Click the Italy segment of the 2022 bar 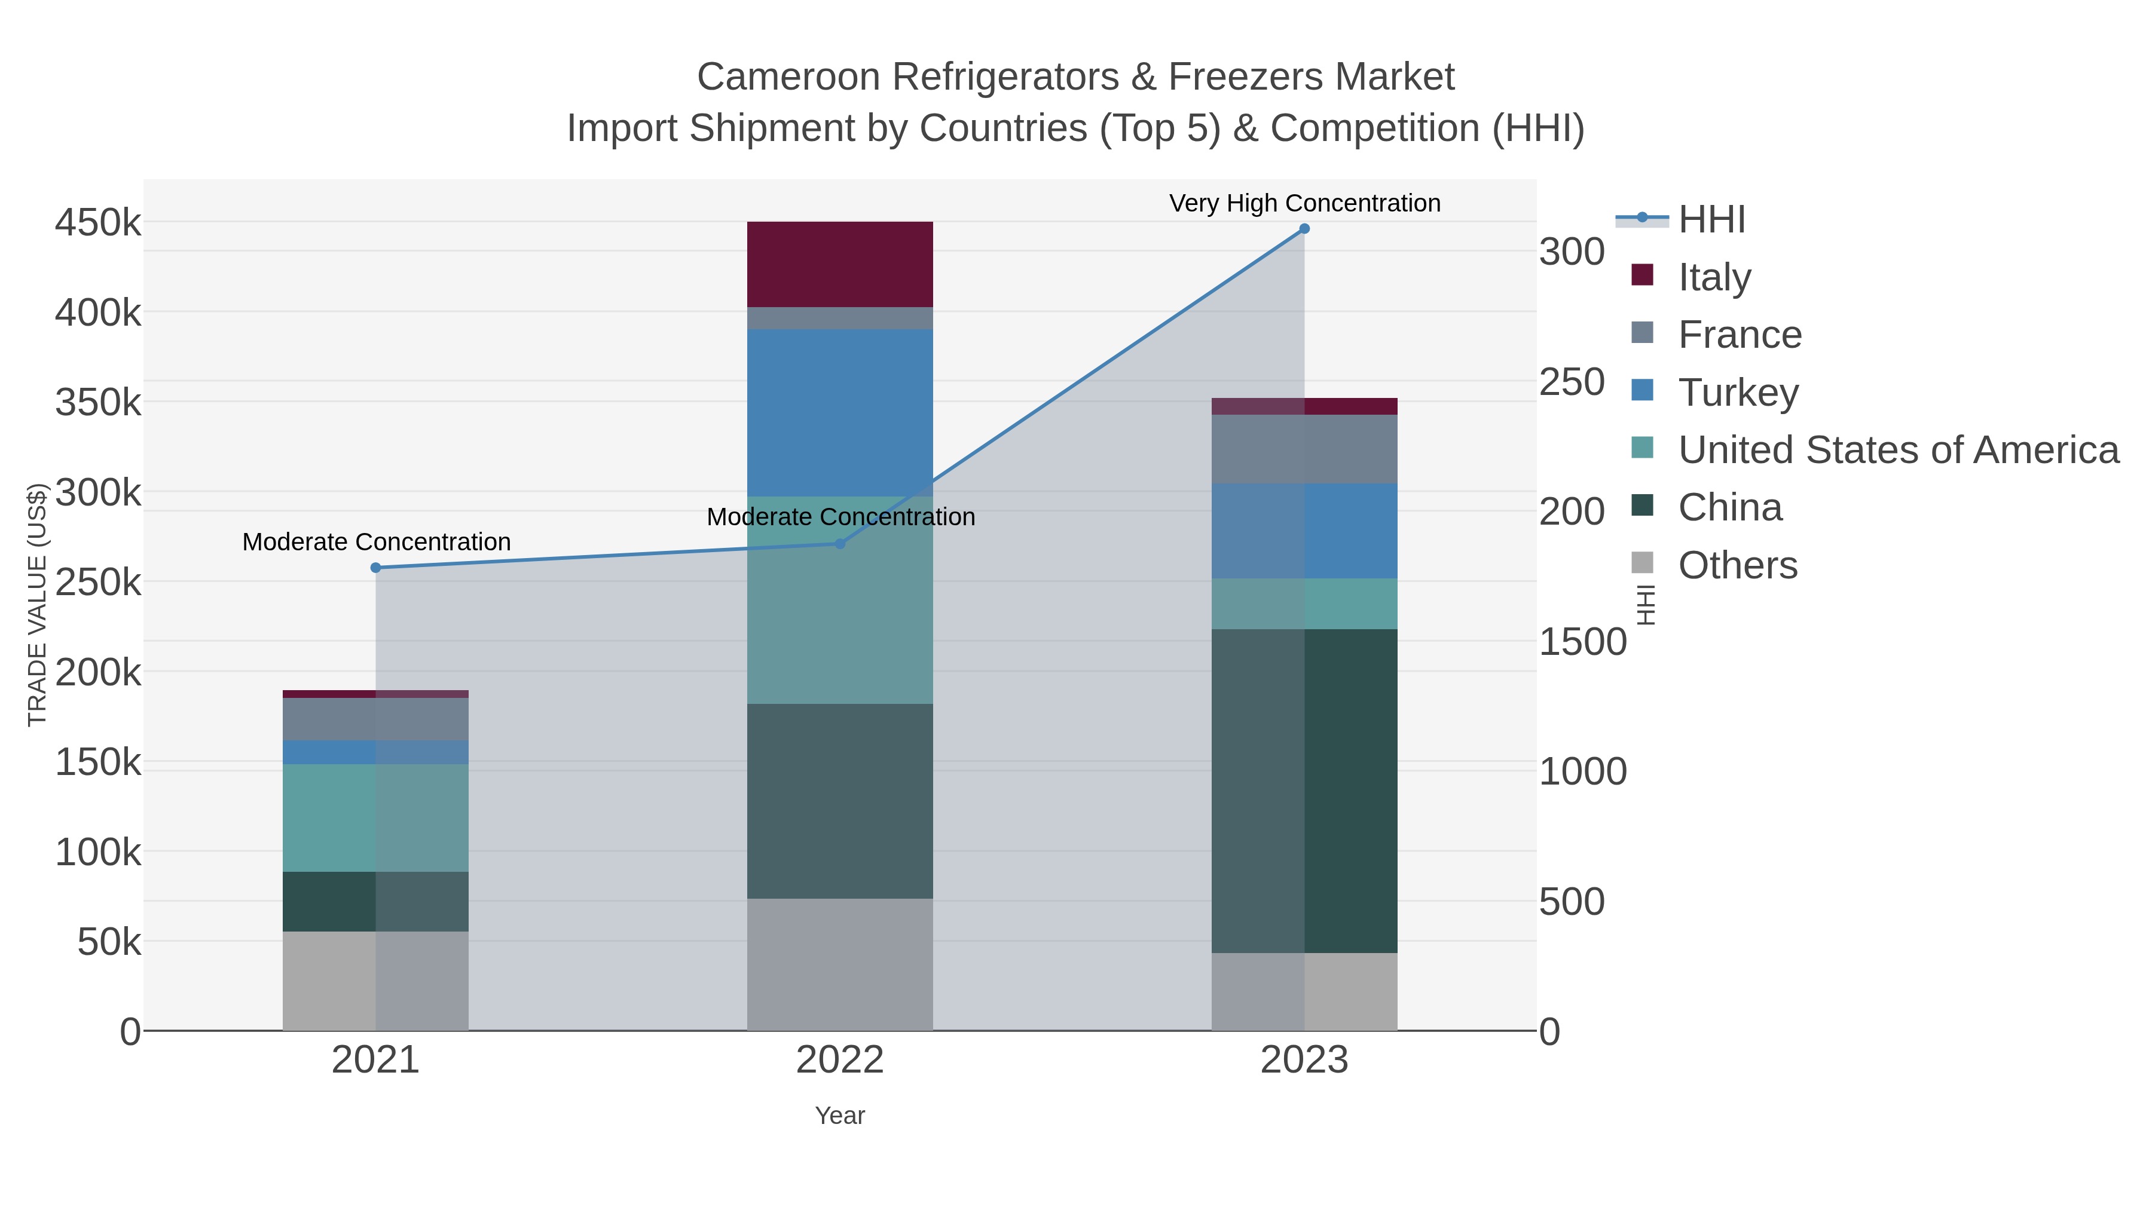pyautogui.click(x=840, y=264)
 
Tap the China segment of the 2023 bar pyautogui.click(x=1304, y=790)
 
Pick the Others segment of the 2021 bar pyautogui.click(x=375, y=981)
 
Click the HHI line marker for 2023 pyautogui.click(x=1304, y=229)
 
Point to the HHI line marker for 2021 pyautogui.click(x=375, y=568)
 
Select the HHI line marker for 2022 pyautogui.click(x=840, y=544)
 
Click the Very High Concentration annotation pyautogui.click(x=1304, y=203)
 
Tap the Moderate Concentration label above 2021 pyautogui.click(x=376, y=542)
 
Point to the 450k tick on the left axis pyautogui.click(x=98, y=223)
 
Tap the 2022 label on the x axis pyautogui.click(x=840, y=1061)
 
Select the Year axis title pyautogui.click(x=840, y=1116)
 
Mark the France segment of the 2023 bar pyautogui.click(x=1304, y=449)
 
